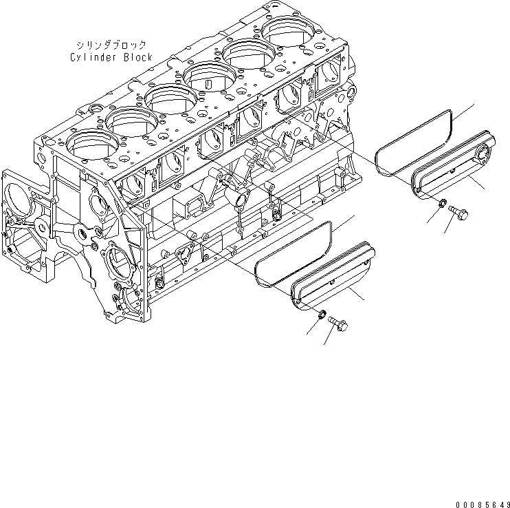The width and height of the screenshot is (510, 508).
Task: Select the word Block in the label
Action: coord(137,57)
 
